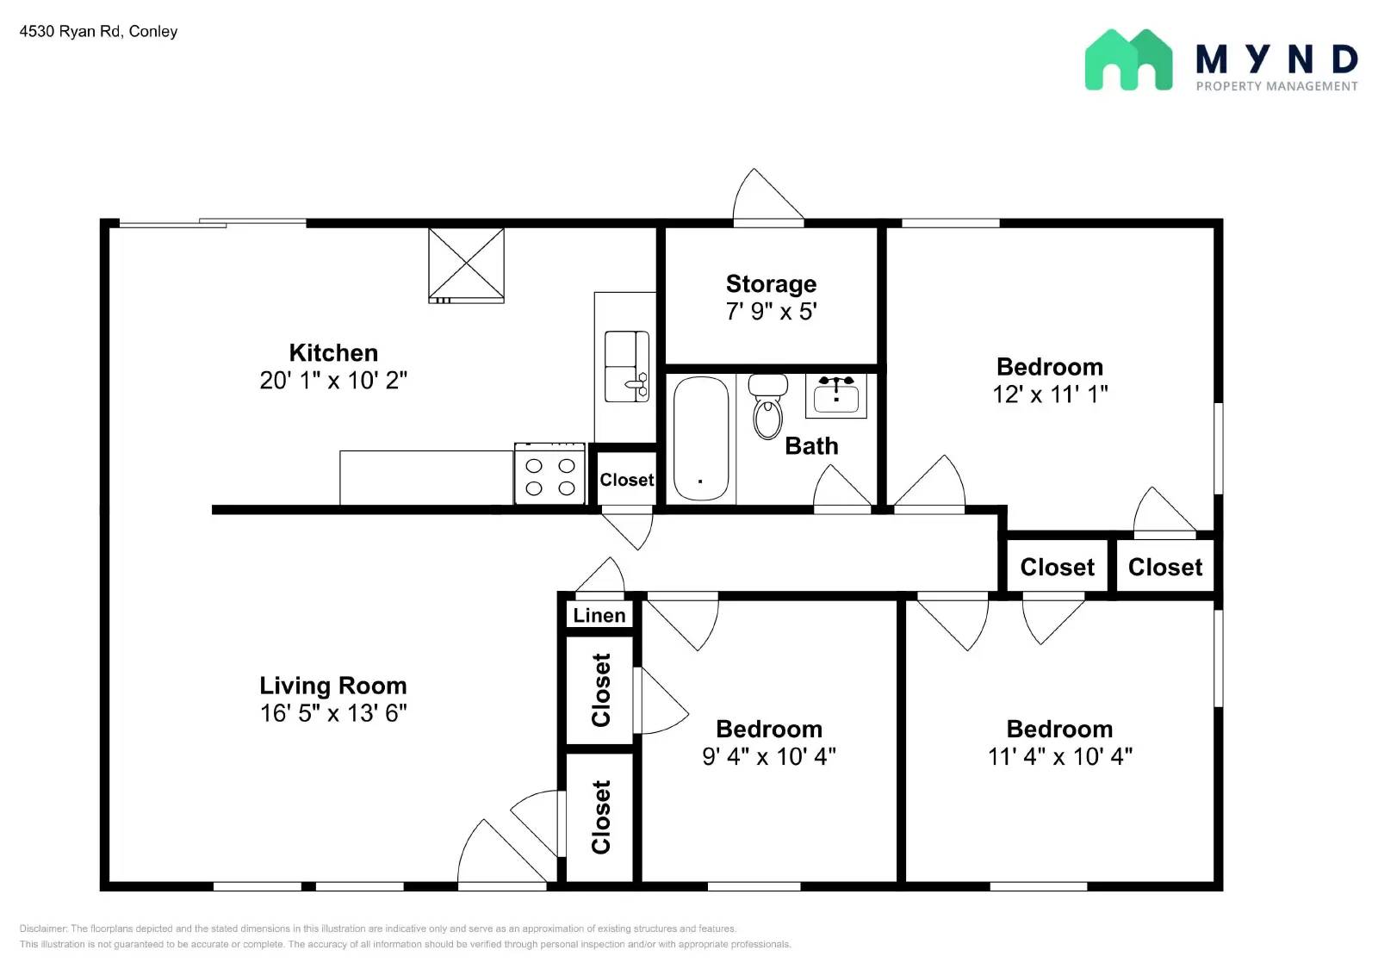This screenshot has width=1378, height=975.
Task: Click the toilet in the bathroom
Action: pyautogui.click(x=767, y=407)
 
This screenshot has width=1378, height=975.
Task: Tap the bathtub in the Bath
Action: pyautogui.click(x=700, y=438)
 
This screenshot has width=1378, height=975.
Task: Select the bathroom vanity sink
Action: pyautogui.click(x=836, y=396)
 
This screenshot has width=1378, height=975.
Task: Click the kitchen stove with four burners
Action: pyautogui.click(x=549, y=475)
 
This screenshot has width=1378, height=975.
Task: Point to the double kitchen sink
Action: pyautogui.click(x=626, y=366)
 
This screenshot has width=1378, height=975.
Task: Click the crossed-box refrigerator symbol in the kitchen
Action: pyautogui.click(x=466, y=264)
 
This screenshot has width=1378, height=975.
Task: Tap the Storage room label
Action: pyautogui.click(x=771, y=284)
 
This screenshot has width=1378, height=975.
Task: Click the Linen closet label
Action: pyautogui.click(x=599, y=615)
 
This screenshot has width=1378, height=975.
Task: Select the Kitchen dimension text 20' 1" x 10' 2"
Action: pyautogui.click(x=333, y=381)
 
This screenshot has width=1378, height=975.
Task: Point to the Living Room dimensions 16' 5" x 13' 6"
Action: pyautogui.click(x=333, y=713)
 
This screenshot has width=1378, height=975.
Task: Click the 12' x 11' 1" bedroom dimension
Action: pyautogui.click(x=1050, y=394)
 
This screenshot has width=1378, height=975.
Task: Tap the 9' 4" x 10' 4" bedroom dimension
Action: pyautogui.click(x=769, y=756)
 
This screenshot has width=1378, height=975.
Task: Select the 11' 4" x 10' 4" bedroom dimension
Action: pyautogui.click(x=1059, y=756)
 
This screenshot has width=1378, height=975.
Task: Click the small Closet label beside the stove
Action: pyautogui.click(x=626, y=480)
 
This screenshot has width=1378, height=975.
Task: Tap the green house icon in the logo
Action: pyautogui.click(x=1128, y=60)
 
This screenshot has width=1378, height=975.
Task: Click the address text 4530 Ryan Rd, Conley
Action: pyautogui.click(x=98, y=32)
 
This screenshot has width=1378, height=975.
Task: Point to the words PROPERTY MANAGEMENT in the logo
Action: pyautogui.click(x=1276, y=86)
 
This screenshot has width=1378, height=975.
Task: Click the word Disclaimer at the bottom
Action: pyautogui.click(x=43, y=928)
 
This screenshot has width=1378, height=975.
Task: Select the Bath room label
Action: pyautogui.click(x=811, y=446)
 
